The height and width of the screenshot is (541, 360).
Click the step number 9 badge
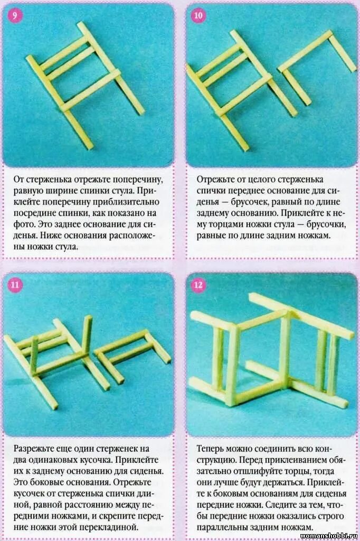pos(15,15)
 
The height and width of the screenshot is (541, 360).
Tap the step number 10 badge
pos(198,15)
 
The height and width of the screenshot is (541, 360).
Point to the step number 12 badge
pos(198,286)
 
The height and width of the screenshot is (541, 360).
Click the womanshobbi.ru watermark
pos(326,535)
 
